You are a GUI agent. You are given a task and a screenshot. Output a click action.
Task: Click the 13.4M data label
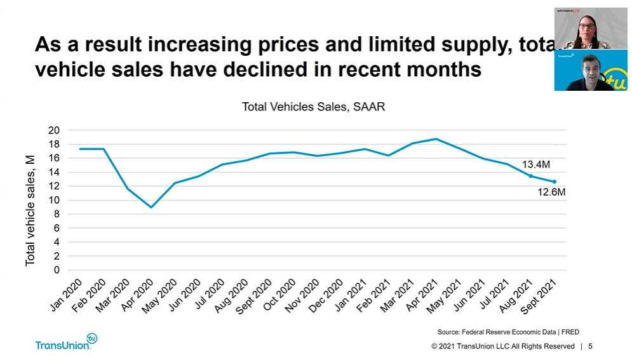pyautogui.click(x=535, y=165)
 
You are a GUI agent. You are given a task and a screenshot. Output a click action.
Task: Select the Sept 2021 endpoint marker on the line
pyautogui.click(x=554, y=182)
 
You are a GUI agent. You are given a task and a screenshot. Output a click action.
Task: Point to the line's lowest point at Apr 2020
pyautogui.click(x=151, y=207)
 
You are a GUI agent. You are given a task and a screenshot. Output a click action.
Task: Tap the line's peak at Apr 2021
pyautogui.click(x=436, y=139)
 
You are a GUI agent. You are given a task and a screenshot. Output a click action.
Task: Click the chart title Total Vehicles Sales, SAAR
pyautogui.click(x=313, y=107)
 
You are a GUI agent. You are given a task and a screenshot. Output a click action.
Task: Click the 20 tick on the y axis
pyautogui.click(x=54, y=130)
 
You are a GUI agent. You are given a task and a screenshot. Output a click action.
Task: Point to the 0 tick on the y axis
pyautogui.click(x=57, y=270)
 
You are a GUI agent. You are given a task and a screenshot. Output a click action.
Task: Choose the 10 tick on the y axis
pyautogui.click(x=54, y=200)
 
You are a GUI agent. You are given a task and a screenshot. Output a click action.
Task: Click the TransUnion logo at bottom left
pyautogui.click(x=66, y=343)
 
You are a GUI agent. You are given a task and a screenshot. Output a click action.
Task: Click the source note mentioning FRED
pyautogui.click(x=508, y=332)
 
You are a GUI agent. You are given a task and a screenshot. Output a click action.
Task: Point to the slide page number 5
pyautogui.click(x=591, y=347)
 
